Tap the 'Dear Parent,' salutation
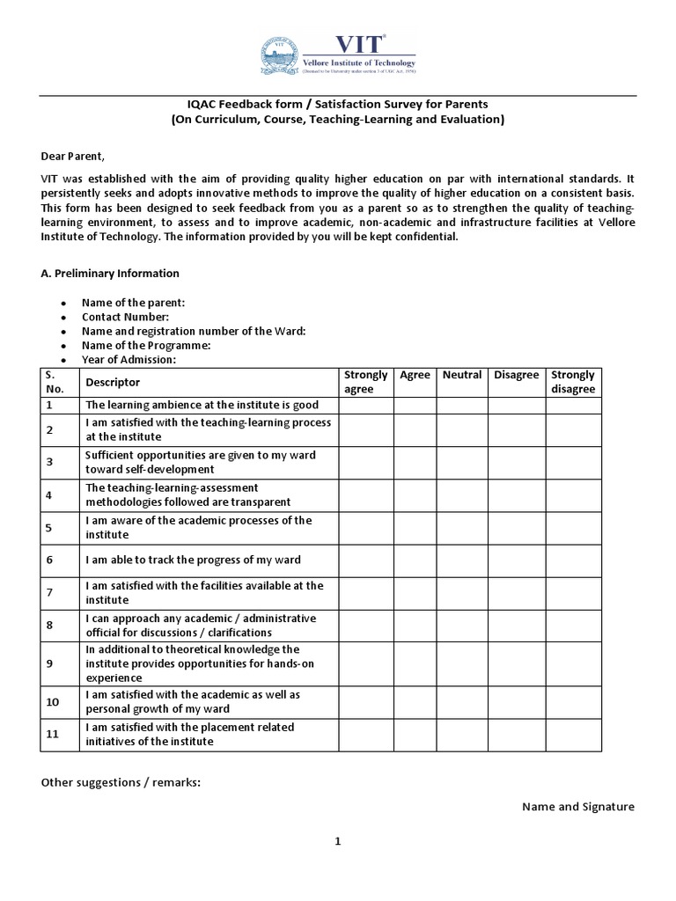point(72,157)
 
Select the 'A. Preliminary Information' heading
point(110,274)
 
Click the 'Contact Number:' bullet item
point(125,317)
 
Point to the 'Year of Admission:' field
point(129,360)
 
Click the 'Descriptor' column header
point(113,382)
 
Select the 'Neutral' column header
point(462,375)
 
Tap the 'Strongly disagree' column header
point(573,382)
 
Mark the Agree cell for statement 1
point(415,406)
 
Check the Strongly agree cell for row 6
point(366,560)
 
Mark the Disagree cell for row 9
point(517,663)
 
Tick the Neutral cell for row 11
point(462,735)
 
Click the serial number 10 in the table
point(52,702)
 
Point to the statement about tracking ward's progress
point(193,560)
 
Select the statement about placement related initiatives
point(189,735)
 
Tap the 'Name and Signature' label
point(577,807)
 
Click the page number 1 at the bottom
point(337,841)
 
